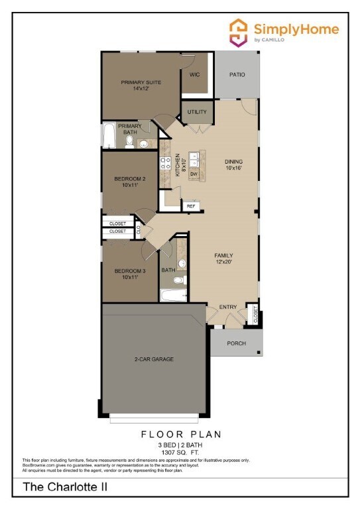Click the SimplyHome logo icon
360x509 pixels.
(x=239, y=31)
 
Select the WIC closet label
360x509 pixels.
(x=194, y=74)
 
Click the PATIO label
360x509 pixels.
(x=237, y=74)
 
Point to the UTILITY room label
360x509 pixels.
(x=198, y=112)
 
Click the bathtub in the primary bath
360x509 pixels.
(x=107, y=137)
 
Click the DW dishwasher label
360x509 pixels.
(x=194, y=174)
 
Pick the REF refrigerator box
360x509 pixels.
(x=191, y=206)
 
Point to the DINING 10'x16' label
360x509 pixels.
(x=233, y=165)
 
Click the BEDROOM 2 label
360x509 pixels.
(x=129, y=182)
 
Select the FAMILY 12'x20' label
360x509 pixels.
(x=223, y=259)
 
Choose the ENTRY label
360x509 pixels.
(x=228, y=306)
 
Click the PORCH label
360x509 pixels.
(x=236, y=343)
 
